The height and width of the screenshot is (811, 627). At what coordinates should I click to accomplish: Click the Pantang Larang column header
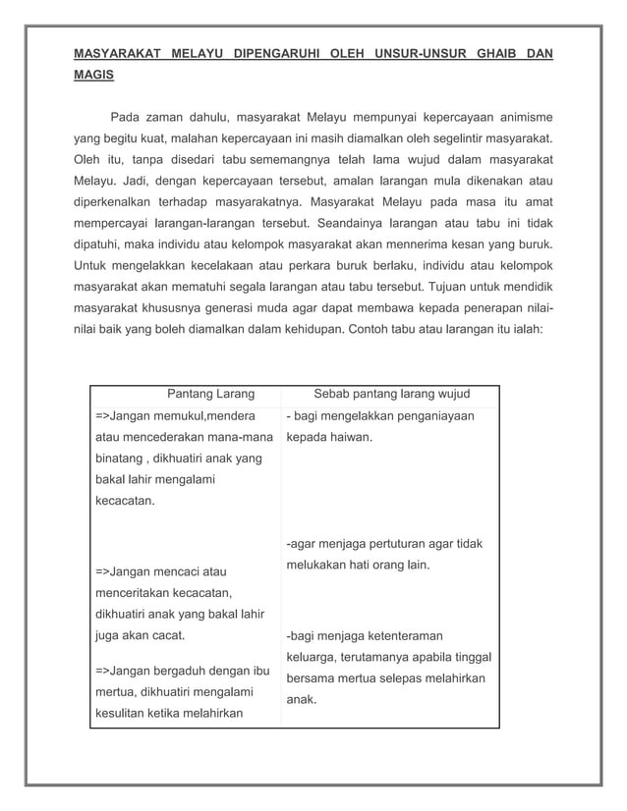pos(210,395)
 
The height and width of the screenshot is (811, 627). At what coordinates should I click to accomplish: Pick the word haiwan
pos(349,437)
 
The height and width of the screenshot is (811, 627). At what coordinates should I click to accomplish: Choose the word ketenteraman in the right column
pos(397,635)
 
